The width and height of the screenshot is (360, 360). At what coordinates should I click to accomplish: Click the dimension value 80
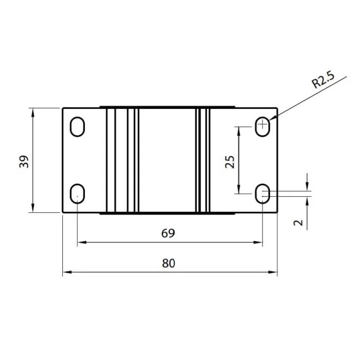169,263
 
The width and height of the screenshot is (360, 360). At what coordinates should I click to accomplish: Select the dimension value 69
168,233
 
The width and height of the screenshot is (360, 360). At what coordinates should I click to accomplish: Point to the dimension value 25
230,161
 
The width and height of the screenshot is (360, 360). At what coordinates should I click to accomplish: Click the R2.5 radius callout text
323,80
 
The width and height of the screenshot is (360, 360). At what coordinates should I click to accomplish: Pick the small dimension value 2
298,222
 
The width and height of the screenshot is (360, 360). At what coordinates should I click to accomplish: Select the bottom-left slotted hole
77,194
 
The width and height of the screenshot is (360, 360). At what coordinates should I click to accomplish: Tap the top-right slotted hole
262,127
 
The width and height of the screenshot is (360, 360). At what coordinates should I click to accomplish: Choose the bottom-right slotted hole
262,194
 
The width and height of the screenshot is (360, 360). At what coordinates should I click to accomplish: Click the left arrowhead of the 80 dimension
66,272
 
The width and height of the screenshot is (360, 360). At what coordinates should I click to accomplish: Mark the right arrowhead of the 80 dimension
274,272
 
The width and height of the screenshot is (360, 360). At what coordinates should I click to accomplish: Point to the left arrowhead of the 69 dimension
81,242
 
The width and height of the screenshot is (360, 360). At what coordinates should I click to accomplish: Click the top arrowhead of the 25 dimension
239,130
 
